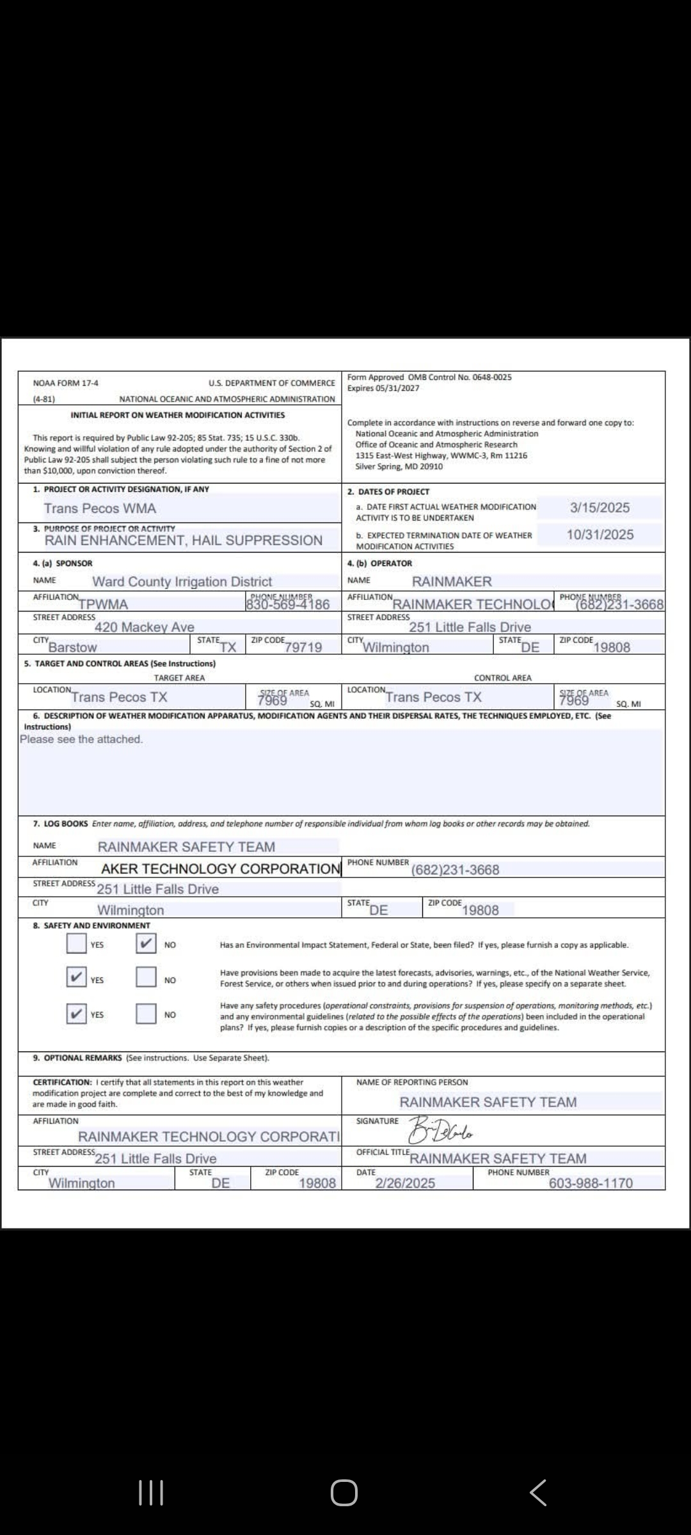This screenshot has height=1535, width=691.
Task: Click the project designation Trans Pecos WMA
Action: pyautogui.click(x=100, y=508)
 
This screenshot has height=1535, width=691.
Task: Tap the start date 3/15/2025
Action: pyautogui.click(x=600, y=508)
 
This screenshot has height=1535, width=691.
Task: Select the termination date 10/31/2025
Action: pyautogui.click(x=600, y=535)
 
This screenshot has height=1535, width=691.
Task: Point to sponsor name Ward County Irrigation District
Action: pyautogui.click(x=182, y=581)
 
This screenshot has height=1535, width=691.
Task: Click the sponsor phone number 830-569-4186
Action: pyautogui.click(x=288, y=604)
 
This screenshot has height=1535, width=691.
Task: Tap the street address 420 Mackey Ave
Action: pyautogui.click(x=144, y=627)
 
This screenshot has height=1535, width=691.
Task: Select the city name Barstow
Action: pyautogui.click(x=72, y=647)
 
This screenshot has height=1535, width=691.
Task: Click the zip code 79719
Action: pyautogui.click(x=303, y=647)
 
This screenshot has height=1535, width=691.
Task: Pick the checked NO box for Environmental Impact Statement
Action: pyautogui.click(x=146, y=943)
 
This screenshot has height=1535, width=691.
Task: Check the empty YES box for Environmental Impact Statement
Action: pyautogui.click(x=77, y=943)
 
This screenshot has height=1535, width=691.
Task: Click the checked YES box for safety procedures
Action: pyautogui.click(x=77, y=1014)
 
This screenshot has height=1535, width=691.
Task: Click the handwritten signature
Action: pyautogui.click(x=441, y=1131)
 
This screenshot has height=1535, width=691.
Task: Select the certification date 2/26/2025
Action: pyautogui.click(x=405, y=1183)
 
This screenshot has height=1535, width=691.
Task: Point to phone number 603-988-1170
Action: pyautogui.click(x=591, y=1183)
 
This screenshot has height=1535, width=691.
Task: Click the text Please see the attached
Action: pyautogui.click(x=81, y=739)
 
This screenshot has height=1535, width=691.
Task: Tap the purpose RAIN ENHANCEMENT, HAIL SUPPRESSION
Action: pyautogui.click(x=183, y=540)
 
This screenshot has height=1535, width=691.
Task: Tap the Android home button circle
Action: pyautogui.click(x=344, y=1493)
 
